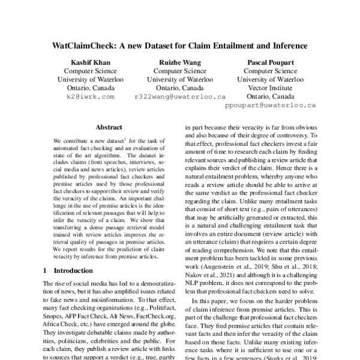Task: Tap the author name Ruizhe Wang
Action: [179, 62]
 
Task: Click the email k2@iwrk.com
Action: [90, 96]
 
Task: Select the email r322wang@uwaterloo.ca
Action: [179, 96]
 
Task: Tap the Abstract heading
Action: [109, 127]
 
